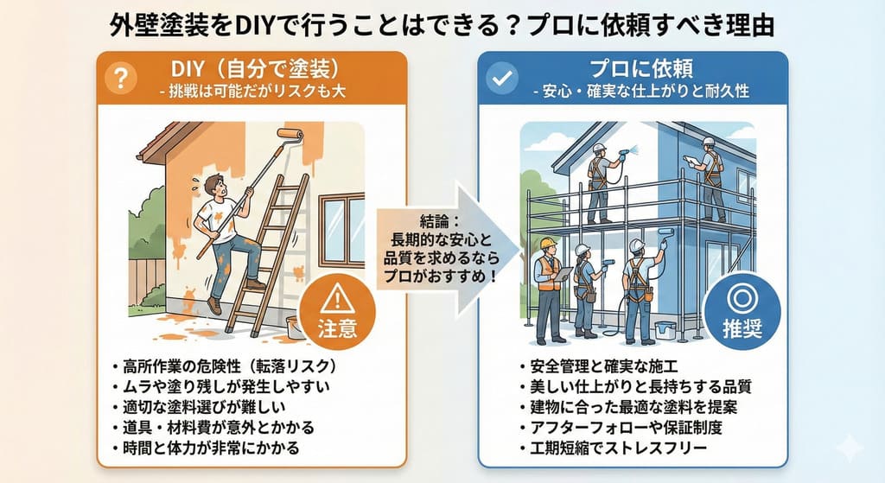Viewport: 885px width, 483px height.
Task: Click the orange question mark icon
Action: (121, 77)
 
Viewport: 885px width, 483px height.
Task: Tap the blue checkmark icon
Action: (502, 78)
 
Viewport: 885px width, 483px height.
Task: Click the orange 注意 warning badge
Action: (337, 312)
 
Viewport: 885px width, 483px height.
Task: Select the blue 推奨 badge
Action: (742, 310)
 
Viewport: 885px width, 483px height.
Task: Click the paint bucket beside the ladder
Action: (296, 327)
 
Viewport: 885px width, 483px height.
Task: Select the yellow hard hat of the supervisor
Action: (547, 243)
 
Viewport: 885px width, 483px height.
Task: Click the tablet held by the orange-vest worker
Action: (563, 274)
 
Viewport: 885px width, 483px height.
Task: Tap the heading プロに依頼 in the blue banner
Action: (641, 69)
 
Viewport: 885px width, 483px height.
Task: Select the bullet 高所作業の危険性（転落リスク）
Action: (230, 366)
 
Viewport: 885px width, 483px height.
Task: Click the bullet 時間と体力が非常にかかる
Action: (211, 448)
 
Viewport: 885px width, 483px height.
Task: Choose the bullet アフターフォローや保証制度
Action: (626, 427)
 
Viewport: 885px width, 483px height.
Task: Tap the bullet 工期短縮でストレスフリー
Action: (619, 448)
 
